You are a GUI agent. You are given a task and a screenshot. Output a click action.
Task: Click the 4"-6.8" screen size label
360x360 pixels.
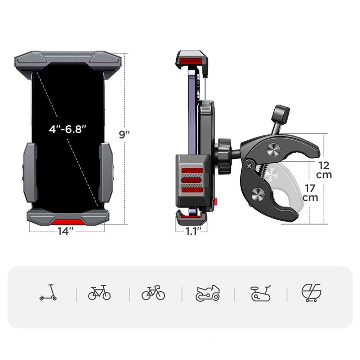pos(68,129)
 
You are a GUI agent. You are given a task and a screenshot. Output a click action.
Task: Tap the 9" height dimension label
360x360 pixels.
pos(125,134)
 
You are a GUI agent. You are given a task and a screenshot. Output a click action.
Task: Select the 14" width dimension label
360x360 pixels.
pos(66,231)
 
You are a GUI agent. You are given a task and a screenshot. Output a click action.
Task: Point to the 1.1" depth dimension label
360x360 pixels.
pos(192,231)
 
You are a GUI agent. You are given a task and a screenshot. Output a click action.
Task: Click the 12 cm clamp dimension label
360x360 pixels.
pos(324,170)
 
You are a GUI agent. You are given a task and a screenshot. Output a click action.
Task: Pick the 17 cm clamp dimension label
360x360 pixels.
pos(310,193)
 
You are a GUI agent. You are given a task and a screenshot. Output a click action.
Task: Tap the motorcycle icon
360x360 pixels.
pos(208,293)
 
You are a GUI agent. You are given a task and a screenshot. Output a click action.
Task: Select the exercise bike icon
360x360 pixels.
pos(261,293)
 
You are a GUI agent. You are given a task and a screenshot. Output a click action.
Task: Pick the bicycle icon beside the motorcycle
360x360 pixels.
pos(153,293)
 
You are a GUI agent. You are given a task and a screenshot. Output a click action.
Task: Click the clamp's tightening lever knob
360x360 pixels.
pos(280,113)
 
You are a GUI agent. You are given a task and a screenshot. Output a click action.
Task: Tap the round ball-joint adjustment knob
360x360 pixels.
pos(224,156)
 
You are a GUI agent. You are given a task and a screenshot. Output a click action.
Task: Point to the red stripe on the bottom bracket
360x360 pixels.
pos(68,222)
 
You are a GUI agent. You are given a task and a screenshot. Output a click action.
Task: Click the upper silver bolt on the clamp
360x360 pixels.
pos(274,149)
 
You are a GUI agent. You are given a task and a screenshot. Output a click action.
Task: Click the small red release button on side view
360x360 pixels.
pos(216,200)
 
